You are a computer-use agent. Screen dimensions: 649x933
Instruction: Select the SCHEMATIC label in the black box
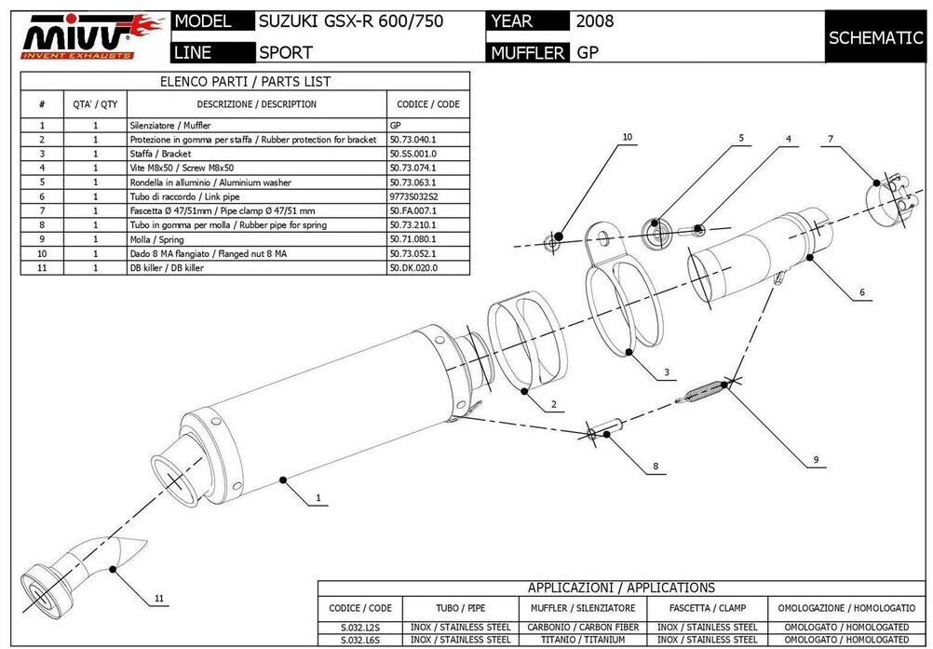pyautogui.click(x=875, y=37)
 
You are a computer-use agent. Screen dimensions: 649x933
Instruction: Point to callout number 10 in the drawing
pyautogui.click(x=627, y=137)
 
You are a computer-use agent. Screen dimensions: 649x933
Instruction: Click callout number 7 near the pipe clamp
pyautogui.click(x=830, y=139)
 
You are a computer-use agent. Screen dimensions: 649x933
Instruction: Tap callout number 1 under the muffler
pyautogui.click(x=318, y=498)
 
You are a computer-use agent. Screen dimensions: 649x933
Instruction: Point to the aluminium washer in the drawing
pyautogui.click(x=656, y=226)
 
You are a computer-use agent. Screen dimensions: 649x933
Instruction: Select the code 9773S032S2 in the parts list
pyautogui.click(x=413, y=196)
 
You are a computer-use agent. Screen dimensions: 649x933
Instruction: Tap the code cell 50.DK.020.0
pyautogui.click(x=413, y=268)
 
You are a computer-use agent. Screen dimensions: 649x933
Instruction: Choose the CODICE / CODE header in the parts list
pyautogui.click(x=427, y=104)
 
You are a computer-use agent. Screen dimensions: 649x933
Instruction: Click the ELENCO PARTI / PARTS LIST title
pyautogui.click(x=245, y=82)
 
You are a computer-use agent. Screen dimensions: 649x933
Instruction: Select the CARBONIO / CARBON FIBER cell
pyautogui.click(x=583, y=627)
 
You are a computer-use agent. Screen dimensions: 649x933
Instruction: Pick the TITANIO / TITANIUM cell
pyautogui.click(x=583, y=640)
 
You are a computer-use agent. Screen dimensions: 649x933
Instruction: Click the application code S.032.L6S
pyautogui.click(x=361, y=640)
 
